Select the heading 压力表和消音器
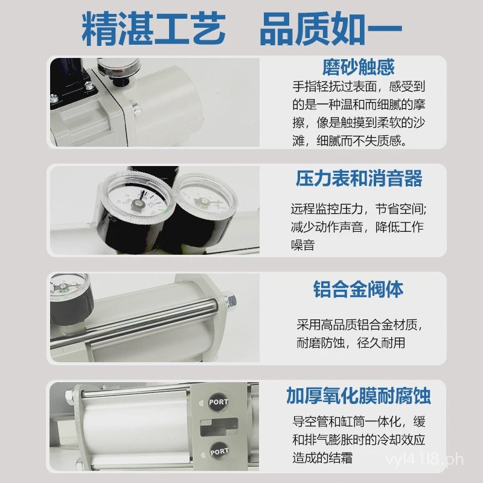tap(359, 179)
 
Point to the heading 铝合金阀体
tap(359, 289)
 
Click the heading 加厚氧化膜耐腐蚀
tap(359, 396)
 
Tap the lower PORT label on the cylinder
tap(217, 450)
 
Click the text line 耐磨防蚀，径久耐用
tap(350, 343)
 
